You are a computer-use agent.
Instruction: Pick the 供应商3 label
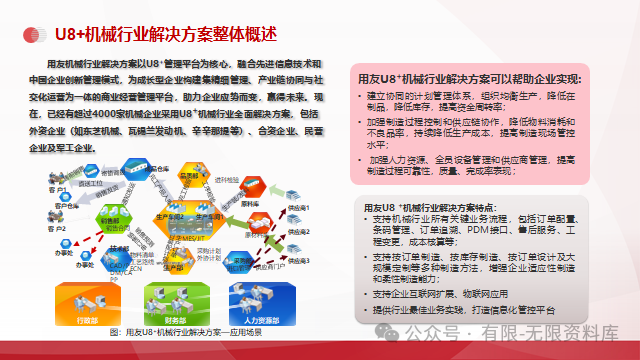pyautogui.click(x=298, y=260)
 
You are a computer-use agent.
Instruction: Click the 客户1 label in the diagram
pyautogui.click(x=59, y=188)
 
